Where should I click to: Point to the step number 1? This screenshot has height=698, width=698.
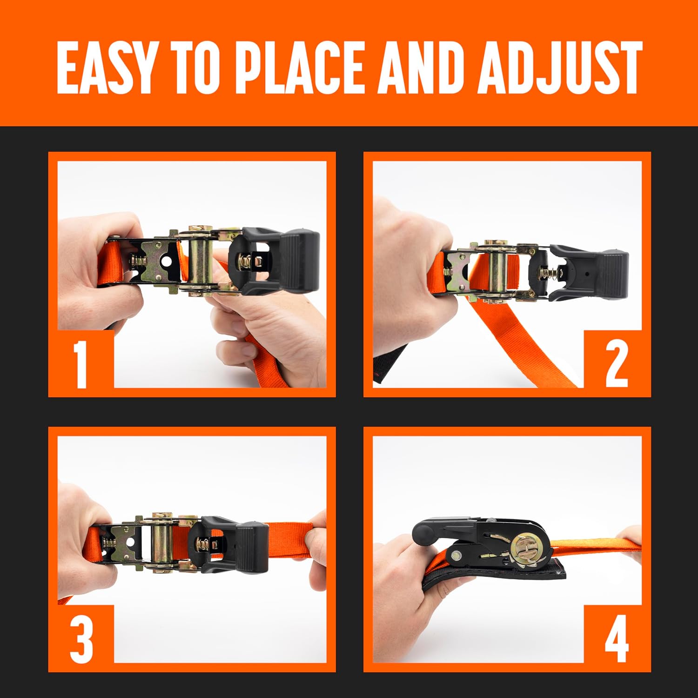81,365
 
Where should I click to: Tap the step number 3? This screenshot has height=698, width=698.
82,639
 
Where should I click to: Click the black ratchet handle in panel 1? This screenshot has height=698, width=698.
275,261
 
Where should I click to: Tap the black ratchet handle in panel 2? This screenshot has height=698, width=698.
589,274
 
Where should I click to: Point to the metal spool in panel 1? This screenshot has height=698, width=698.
200,260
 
